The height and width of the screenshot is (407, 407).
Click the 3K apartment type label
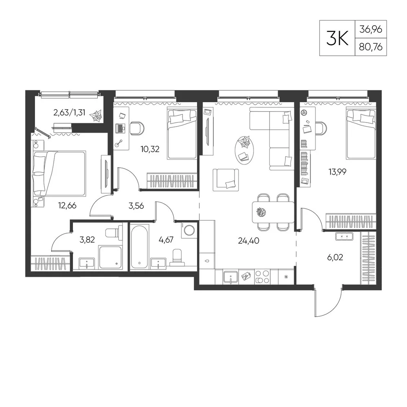[337, 38]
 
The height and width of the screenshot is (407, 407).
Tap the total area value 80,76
[371, 47]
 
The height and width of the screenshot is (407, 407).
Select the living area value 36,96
[371, 29]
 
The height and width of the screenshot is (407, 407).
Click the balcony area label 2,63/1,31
[69, 113]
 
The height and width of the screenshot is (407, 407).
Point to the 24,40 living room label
[248, 241]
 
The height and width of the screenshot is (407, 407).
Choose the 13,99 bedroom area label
[337, 172]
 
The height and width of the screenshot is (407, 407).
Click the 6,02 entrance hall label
[335, 257]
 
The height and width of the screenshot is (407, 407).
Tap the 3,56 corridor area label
[136, 206]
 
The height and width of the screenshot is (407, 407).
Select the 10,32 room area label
[150, 149]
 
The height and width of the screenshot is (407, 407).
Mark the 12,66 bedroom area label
[67, 206]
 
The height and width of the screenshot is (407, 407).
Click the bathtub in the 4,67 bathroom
[140, 247]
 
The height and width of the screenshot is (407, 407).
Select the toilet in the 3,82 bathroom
[114, 231]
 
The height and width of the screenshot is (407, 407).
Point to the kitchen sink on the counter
[230, 278]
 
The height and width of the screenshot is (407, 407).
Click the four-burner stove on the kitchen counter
[262, 277]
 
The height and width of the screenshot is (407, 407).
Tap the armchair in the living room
[225, 180]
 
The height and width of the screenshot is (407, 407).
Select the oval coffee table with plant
[244, 150]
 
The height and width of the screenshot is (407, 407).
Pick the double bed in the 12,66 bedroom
[59, 173]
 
